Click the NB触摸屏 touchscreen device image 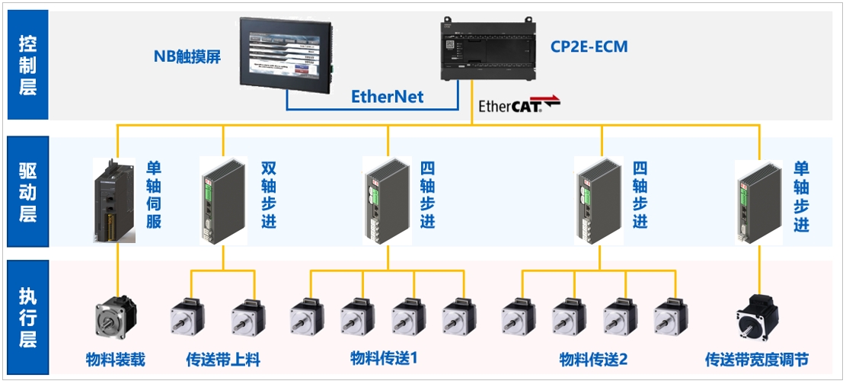[x=286, y=52]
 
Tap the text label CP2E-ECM [x=589, y=46]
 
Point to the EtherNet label [x=387, y=97]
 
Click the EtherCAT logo [x=519, y=105]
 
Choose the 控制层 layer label [x=27, y=64]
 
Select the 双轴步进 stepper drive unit [x=223, y=200]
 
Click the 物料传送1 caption [x=384, y=358]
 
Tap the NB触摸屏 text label [x=187, y=56]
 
